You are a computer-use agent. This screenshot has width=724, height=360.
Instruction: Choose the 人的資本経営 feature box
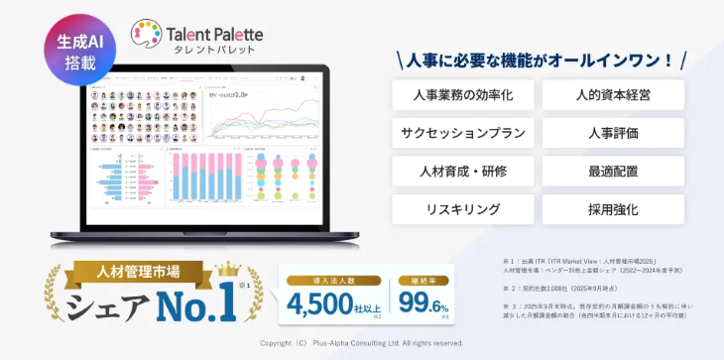(x=613, y=97)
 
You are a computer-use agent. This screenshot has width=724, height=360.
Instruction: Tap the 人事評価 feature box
(x=613, y=134)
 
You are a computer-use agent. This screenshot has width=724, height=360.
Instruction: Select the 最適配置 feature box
(x=613, y=171)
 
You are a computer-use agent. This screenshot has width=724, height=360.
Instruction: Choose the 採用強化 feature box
(x=613, y=208)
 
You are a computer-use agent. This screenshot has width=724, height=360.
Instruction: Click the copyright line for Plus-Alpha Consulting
(x=361, y=343)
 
